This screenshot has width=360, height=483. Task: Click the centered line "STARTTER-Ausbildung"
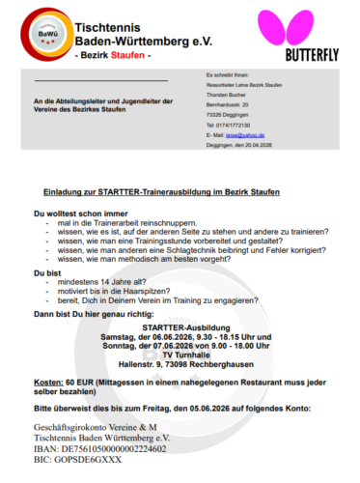coord(180,328)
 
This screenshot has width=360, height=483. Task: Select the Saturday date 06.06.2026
coord(175,337)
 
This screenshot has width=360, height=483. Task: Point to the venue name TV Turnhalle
coord(180,355)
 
